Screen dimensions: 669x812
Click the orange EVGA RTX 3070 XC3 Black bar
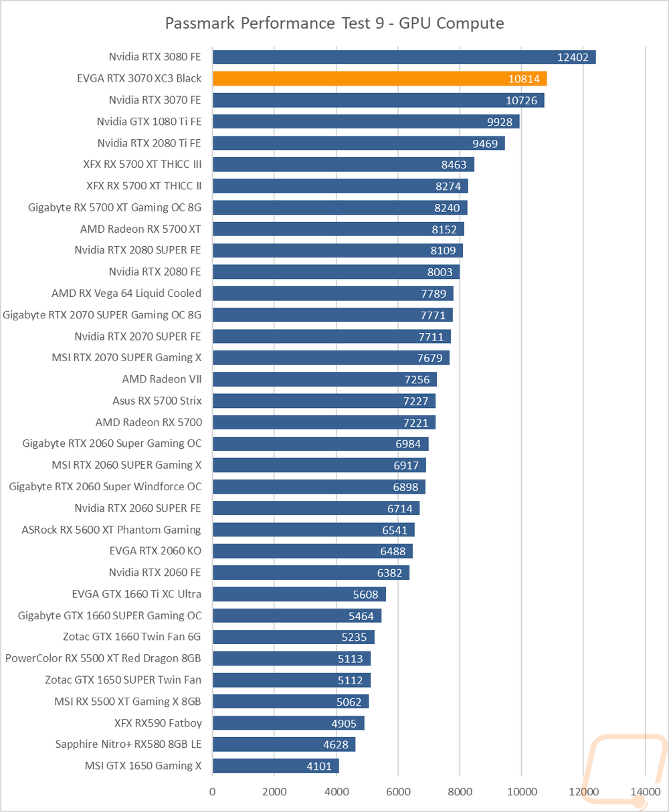tap(379, 78)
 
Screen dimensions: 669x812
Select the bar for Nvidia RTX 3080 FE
tap(404, 57)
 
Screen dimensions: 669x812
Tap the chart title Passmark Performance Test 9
tap(274, 23)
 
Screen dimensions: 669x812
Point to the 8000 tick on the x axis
tap(460, 791)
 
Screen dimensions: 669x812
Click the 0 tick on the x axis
tap(212, 791)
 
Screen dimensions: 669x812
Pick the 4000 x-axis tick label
tap(336, 791)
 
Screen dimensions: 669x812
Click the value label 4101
tap(319, 766)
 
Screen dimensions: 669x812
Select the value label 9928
tap(500, 122)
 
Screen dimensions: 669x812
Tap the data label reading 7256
tap(417, 379)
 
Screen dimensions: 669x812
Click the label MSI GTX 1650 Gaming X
tap(143, 766)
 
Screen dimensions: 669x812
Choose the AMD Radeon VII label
tap(162, 379)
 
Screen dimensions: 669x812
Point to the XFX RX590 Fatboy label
tap(158, 723)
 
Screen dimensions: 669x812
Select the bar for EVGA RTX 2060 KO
tap(312, 551)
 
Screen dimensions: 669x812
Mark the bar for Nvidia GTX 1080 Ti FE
tap(366, 121)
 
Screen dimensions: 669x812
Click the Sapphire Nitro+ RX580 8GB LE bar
tap(284, 744)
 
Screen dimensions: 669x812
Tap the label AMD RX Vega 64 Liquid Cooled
tap(126, 293)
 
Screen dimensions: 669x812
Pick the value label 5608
tap(366, 594)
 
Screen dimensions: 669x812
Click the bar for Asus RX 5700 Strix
tap(324, 401)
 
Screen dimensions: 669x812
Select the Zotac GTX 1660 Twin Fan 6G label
tap(132, 637)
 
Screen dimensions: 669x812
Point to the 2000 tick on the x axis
tap(274, 791)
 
